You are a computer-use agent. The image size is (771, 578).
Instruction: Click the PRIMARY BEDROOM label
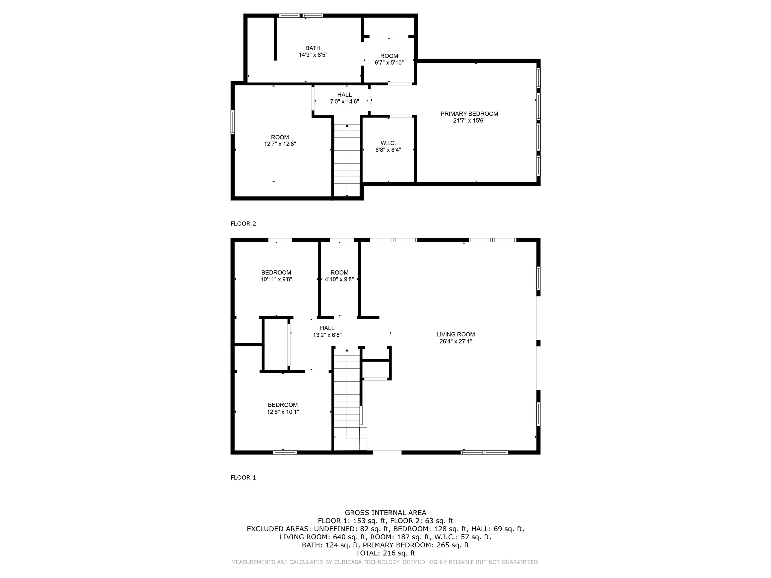pyautogui.click(x=469, y=114)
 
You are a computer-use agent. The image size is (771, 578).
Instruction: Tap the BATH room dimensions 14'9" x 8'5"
pyautogui.click(x=313, y=55)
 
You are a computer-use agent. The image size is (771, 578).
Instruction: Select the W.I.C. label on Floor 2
pyautogui.click(x=388, y=143)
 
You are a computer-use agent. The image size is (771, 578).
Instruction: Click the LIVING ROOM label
pyautogui.click(x=455, y=334)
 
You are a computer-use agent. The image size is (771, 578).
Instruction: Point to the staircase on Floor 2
pyautogui.click(x=347, y=160)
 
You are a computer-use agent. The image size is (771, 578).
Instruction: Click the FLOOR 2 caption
pyautogui.click(x=243, y=224)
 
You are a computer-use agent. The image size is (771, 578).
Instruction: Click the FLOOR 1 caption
pyautogui.click(x=243, y=478)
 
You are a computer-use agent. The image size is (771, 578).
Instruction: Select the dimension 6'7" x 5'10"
pyautogui.click(x=389, y=63)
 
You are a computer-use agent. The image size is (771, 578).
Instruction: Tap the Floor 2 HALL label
pyautogui.click(x=344, y=95)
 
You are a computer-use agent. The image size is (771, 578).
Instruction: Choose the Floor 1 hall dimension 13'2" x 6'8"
pyautogui.click(x=327, y=335)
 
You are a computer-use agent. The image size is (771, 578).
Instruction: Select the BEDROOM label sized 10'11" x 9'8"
pyautogui.click(x=276, y=272)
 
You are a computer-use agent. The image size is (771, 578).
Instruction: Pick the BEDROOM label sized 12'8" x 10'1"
pyautogui.click(x=283, y=405)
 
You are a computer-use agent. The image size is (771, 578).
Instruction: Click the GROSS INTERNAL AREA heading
pyautogui.click(x=385, y=513)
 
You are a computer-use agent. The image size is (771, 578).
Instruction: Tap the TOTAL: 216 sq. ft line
pyautogui.click(x=385, y=553)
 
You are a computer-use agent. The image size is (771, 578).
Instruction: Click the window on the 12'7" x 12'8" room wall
pyautogui.click(x=232, y=122)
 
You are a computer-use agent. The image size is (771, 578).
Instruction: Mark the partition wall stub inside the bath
pyautogui.click(x=275, y=38)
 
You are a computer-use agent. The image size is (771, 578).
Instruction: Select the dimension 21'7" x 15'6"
pyautogui.click(x=469, y=121)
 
